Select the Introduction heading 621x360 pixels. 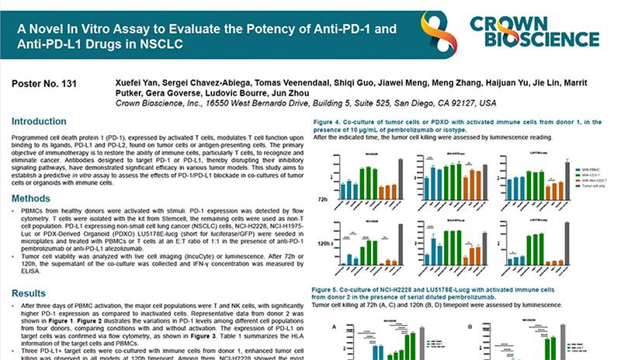[x=38, y=122]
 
